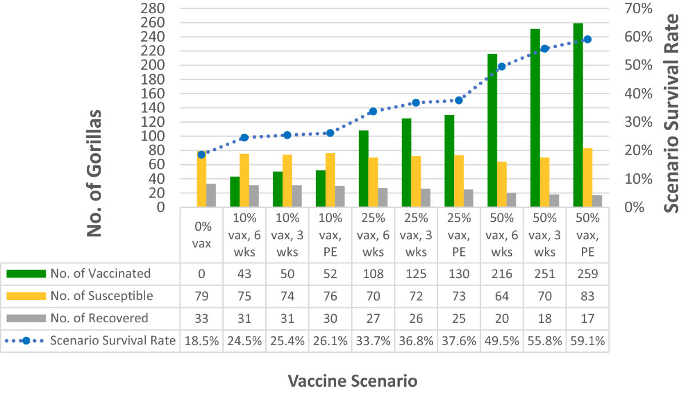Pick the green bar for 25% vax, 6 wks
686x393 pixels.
(364, 169)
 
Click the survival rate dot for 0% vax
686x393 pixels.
(201, 155)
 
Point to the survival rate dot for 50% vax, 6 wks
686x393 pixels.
(501, 67)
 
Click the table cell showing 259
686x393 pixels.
(587, 274)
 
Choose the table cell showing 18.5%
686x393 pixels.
(201, 341)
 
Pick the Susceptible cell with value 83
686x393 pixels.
(587, 296)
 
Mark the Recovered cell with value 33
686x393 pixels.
(201, 318)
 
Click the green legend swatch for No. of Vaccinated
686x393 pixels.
(26, 274)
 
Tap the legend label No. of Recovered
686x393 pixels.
(99, 318)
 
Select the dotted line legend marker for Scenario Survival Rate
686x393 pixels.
(26, 341)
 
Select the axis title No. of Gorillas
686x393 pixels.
(94, 173)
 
